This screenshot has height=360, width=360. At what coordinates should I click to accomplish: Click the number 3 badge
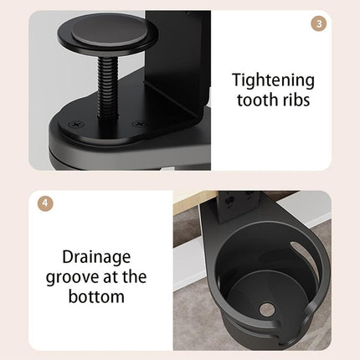318,23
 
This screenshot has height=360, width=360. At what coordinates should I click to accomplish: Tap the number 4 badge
45,203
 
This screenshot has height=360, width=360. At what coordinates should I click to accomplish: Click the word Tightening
273,80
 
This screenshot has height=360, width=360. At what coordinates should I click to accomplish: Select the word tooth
257,100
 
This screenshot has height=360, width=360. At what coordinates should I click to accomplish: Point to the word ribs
296,100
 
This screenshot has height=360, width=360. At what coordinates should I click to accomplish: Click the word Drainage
96,257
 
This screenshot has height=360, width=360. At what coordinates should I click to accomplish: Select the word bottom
96,296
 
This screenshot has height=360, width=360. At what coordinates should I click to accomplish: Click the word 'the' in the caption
135,276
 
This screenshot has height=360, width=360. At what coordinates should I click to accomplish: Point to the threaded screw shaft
108,87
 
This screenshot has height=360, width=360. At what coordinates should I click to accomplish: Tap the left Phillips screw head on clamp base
76,124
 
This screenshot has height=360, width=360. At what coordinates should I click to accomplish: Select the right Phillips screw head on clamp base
140,124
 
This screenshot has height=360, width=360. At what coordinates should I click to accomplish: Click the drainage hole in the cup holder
266,309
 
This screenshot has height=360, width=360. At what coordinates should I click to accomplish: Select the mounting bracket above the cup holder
239,206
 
